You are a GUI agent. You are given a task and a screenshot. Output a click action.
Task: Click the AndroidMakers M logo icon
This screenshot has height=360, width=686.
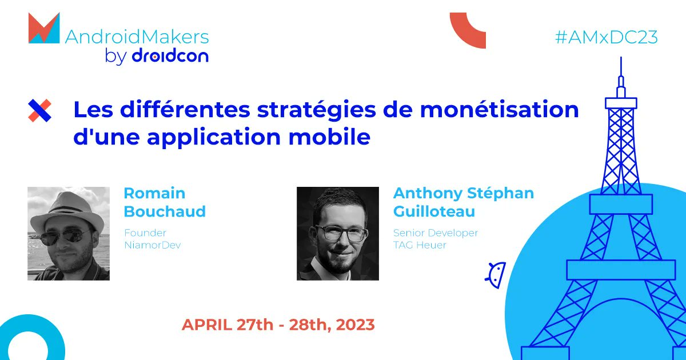43,29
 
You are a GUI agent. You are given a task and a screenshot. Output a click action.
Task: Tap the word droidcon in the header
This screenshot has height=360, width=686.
170,56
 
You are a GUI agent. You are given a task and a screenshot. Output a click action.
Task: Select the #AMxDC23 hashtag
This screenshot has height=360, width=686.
606,37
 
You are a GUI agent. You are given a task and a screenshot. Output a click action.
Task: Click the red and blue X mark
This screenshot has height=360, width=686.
39,110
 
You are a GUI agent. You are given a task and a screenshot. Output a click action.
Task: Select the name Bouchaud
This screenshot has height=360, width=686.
165,211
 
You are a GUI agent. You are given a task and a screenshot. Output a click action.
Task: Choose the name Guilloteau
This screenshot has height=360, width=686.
434,211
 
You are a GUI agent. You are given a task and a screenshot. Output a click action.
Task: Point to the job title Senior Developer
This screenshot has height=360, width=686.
436,233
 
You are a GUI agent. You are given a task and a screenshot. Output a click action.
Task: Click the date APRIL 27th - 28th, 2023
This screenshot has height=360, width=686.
278,325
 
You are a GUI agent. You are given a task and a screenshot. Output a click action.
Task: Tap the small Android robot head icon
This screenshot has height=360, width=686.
496,274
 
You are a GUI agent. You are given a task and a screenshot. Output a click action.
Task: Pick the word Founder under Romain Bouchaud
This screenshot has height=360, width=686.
145,233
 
